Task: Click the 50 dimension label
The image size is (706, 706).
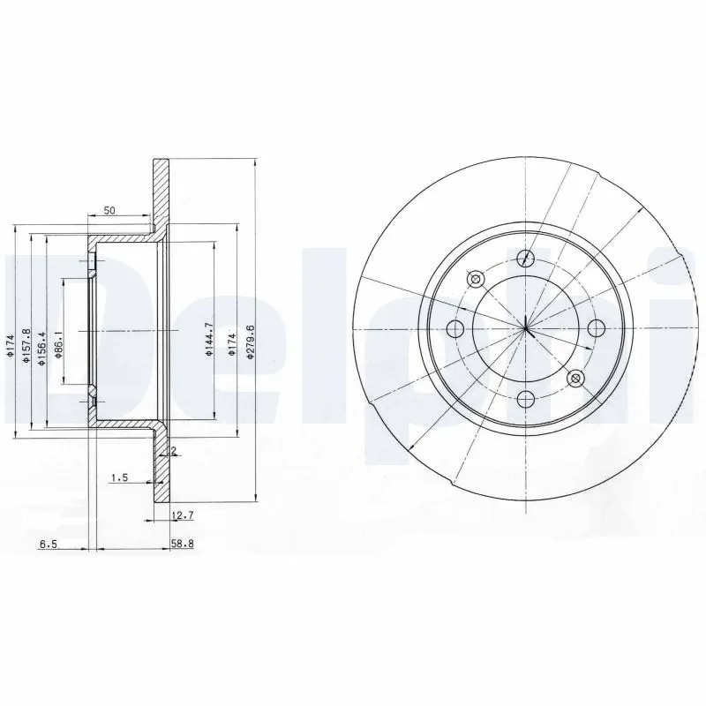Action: click(109, 210)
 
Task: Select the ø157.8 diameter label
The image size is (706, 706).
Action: click(26, 347)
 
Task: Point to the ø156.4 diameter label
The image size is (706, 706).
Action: click(41, 348)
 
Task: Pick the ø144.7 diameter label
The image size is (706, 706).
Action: click(208, 340)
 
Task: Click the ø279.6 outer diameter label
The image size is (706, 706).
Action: click(252, 342)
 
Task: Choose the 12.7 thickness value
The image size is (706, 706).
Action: click(183, 515)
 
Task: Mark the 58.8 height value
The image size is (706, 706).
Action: click(182, 544)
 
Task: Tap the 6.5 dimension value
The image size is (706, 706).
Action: click(49, 545)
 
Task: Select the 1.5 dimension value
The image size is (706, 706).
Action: click(120, 477)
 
